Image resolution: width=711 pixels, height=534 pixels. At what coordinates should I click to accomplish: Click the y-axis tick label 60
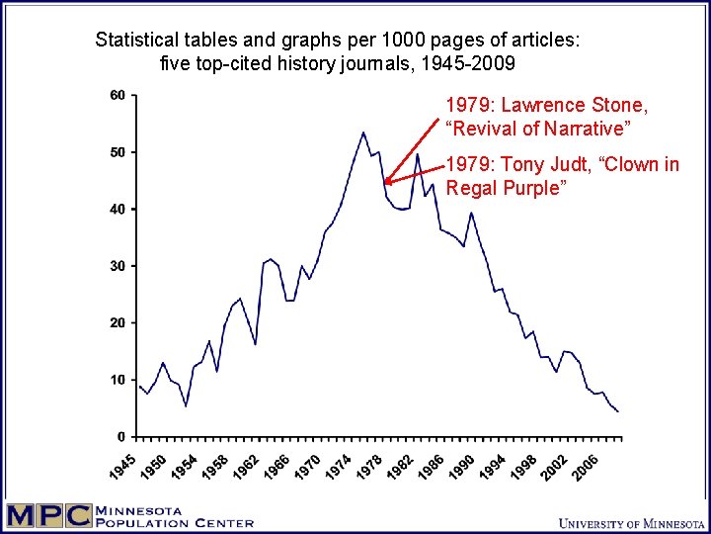pos(117,96)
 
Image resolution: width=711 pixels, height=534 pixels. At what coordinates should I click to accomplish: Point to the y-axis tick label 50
pos(117,152)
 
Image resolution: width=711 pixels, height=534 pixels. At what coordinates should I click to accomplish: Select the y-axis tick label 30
pos(117,266)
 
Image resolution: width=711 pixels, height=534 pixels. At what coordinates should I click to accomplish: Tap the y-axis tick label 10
pos(117,380)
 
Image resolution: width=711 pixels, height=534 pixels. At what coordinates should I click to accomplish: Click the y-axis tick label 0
pos(120,437)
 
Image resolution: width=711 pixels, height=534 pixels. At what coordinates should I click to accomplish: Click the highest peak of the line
pos(362,133)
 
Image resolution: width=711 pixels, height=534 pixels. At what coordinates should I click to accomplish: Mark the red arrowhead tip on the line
pos(385,183)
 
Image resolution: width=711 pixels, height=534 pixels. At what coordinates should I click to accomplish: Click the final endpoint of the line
pos(618,410)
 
